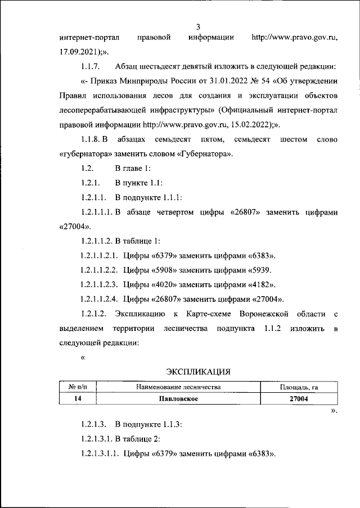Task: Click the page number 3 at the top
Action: click(198, 26)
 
